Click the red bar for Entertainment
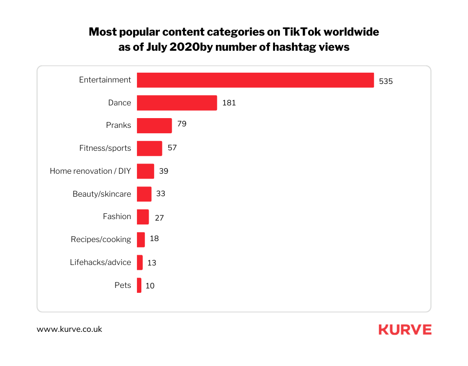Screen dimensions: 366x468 point(255,80)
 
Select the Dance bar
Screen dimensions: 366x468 point(176,103)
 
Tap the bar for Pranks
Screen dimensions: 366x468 point(154,125)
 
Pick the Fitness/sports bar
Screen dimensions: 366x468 point(149,148)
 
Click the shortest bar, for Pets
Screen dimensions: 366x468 point(139,285)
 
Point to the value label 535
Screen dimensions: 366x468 point(386,81)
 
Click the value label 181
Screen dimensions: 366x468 point(229,103)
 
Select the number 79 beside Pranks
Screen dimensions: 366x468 point(181,124)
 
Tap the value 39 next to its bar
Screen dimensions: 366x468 point(163,171)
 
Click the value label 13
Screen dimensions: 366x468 point(152,263)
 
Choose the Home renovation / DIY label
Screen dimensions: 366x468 point(90,171)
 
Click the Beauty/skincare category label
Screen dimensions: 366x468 point(101,194)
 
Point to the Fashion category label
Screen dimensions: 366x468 point(117,216)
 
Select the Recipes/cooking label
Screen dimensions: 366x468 point(100,239)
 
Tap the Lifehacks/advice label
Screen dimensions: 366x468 point(100,262)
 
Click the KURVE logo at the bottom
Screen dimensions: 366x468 point(405,330)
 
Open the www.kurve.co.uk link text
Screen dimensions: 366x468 point(69,329)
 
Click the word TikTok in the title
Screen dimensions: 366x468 point(303,32)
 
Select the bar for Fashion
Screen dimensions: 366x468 point(143,217)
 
